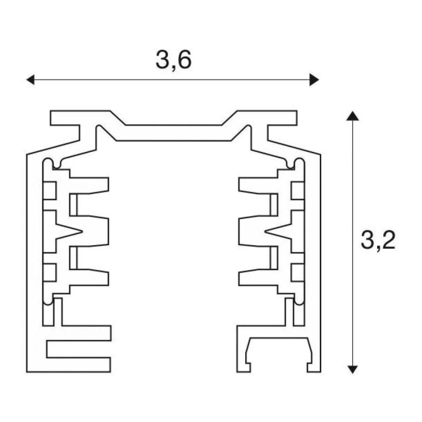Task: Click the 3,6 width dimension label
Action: pyautogui.click(x=173, y=60)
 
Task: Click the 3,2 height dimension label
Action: pyautogui.click(x=378, y=240)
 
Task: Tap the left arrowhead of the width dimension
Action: pyautogui.click(x=30, y=80)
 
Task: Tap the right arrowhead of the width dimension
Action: pyautogui.click(x=314, y=80)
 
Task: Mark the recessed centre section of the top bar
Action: pyautogui.click(x=174, y=133)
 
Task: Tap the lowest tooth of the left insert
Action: pyautogui.click(x=89, y=277)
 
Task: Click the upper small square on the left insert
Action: pyautogui.click(x=50, y=190)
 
